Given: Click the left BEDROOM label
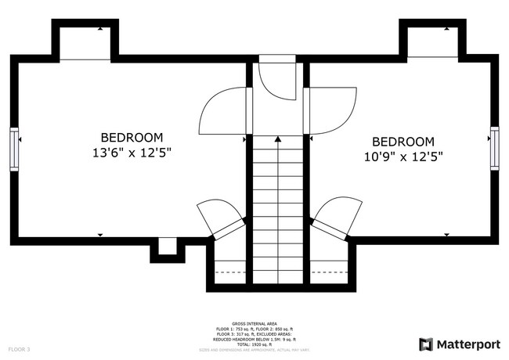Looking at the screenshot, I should pos(132,136).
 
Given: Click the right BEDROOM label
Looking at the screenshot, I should pos(403,142).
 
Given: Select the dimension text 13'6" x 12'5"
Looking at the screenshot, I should pos(132,153).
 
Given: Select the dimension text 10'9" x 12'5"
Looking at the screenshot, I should pos(403,157).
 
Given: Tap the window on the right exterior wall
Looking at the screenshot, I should pos(494,148).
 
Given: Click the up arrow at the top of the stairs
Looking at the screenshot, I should pos(277,140).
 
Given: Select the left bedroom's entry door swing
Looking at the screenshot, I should pos(223,110).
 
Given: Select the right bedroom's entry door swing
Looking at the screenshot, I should pos(329,110).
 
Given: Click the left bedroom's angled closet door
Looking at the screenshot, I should pos(216,217).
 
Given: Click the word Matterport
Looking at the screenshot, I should pos(467,344).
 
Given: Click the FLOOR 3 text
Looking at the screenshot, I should pos(19,348).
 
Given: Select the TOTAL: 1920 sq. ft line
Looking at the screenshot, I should pos(254,344).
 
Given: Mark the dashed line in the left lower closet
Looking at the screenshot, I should pos(229,272).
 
